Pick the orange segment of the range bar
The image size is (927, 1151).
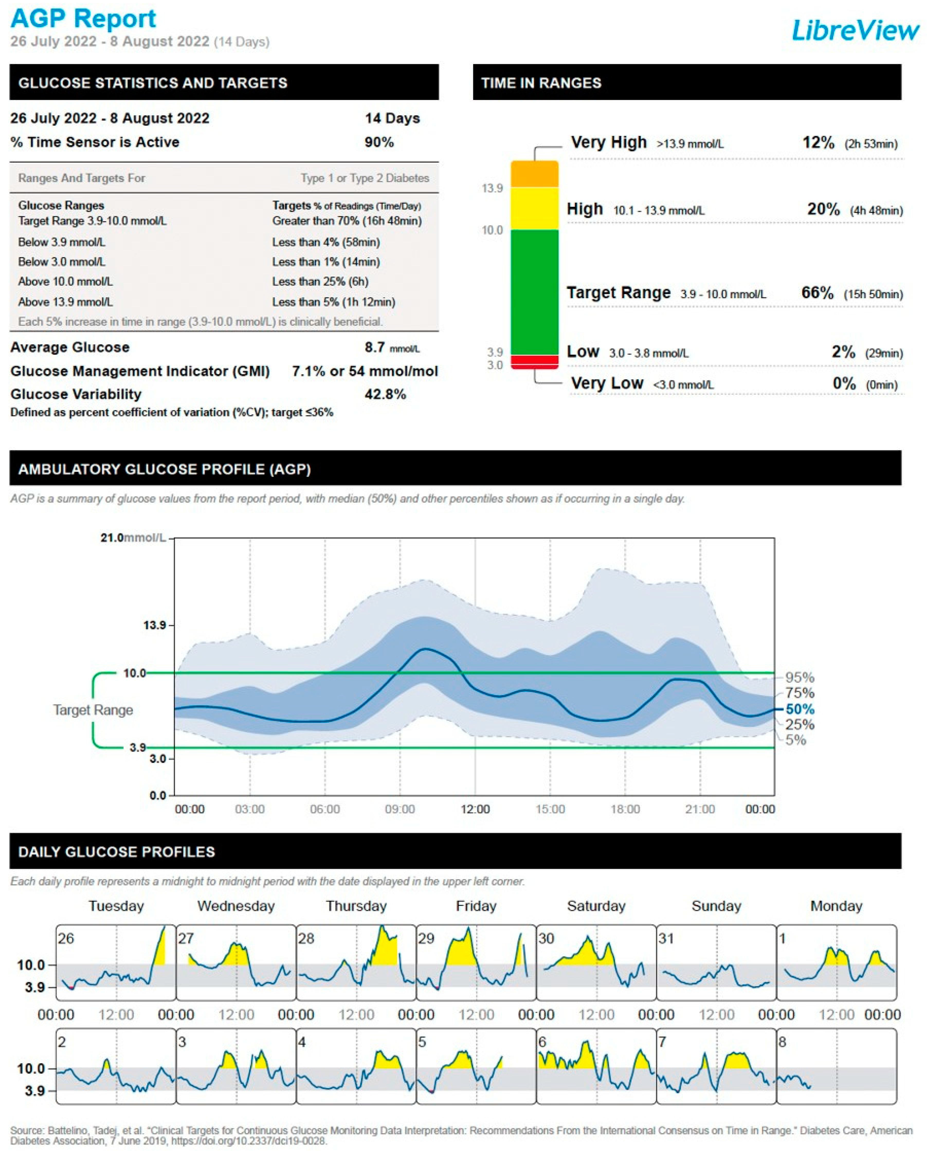coord(534,174)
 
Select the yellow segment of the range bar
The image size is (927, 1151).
coord(534,208)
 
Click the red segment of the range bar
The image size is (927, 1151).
coord(534,361)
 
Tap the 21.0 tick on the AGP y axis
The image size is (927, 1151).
coord(112,538)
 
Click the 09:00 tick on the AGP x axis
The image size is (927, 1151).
coord(400,809)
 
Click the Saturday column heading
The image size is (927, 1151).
coord(596,906)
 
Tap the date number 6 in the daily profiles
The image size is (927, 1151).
coord(542,1042)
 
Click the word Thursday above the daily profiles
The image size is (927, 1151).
coord(356,906)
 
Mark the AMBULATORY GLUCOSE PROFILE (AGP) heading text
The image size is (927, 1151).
coord(165,469)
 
